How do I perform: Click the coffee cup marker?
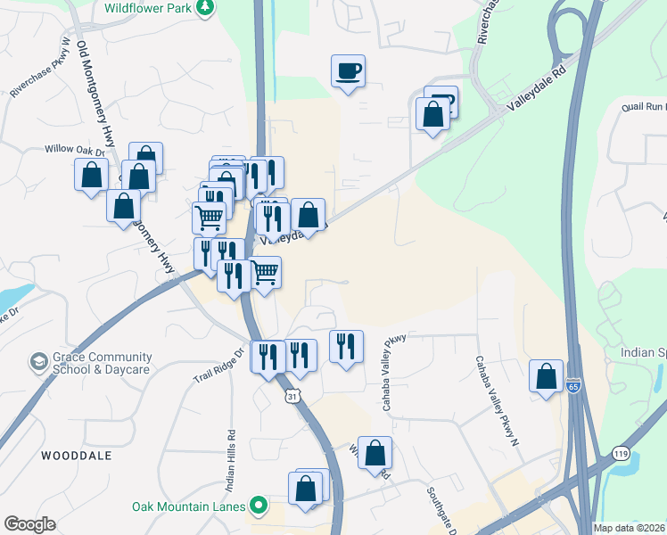pyautogui.click(x=349, y=70)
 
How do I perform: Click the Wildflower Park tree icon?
pyautogui.click(x=207, y=7)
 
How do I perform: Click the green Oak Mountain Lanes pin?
pyautogui.click(x=259, y=506)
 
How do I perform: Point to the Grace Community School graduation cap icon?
pyautogui.click(x=38, y=362)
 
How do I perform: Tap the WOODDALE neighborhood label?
pyautogui.click(x=77, y=455)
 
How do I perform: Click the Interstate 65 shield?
pyautogui.click(x=572, y=386)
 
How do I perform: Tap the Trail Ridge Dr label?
pyautogui.click(x=218, y=366)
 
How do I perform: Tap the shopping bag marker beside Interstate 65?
pyautogui.click(x=546, y=375)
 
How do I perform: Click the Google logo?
pyautogui.click(x=29, y=524)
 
